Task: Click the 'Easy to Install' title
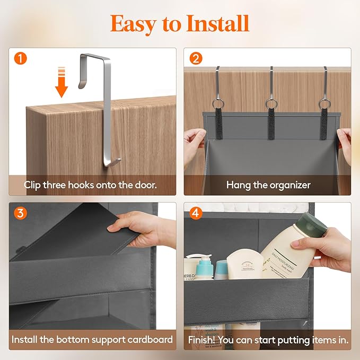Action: coord(179,23)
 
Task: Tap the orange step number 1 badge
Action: coord(20,58)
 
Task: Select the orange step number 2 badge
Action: coord(196,58)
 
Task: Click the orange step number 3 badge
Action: coord(20,213)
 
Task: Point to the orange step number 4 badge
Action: coord(196,213)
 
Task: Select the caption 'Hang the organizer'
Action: coord(268,185)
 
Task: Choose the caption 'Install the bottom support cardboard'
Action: coord(92,339)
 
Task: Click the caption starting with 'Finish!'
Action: coord(268,339)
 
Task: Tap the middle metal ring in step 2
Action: coord(271,102)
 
